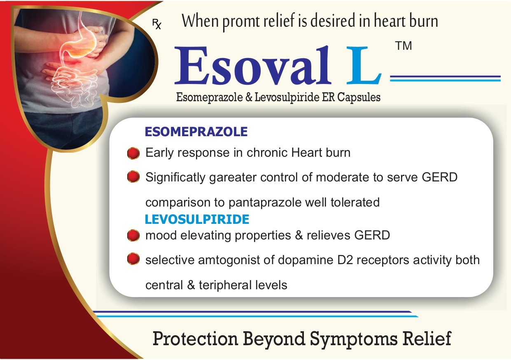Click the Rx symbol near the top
click(157, 24)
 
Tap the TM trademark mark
click(404, 46)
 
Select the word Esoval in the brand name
click(253, 65)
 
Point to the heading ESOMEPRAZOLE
click(196, 132)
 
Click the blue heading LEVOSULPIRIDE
click(197, 219)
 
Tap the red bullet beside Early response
click(133, 153)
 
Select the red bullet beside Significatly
click(133, 177)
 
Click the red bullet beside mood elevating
click(133, 235)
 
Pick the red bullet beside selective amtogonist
click(133, 259)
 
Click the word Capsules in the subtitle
click(359, 98)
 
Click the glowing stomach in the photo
click(80, 43)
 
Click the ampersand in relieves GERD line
click(299, 235)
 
